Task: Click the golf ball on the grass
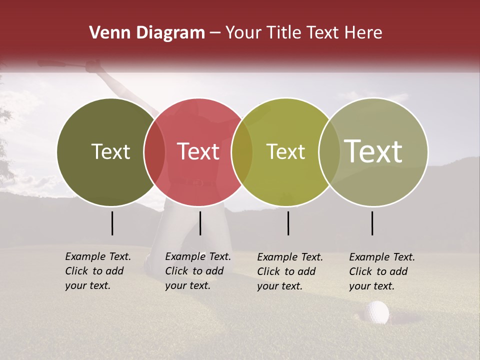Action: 377,312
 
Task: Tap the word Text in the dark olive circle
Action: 110,151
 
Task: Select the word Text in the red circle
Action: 198,151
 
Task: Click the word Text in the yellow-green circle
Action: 285,151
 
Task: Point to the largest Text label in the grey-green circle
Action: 373,151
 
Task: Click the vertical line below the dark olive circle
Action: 112,223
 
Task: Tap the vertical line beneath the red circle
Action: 200,223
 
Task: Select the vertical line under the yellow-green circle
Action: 288,223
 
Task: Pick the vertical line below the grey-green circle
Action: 372,223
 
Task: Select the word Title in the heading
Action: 284,33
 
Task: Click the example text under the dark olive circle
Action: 97,271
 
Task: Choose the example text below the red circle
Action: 197,271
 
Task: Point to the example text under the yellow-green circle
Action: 289,271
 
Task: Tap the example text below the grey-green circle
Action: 381,271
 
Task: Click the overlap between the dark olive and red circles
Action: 154,151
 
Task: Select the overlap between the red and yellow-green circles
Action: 242,151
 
